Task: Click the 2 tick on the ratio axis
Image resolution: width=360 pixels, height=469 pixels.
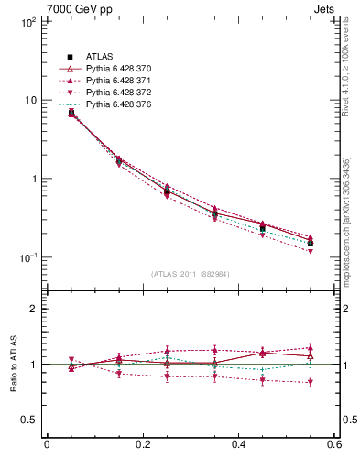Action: click(x=32, y=309)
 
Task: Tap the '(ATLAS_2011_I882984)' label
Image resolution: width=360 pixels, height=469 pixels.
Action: click(x=191, y=274)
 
